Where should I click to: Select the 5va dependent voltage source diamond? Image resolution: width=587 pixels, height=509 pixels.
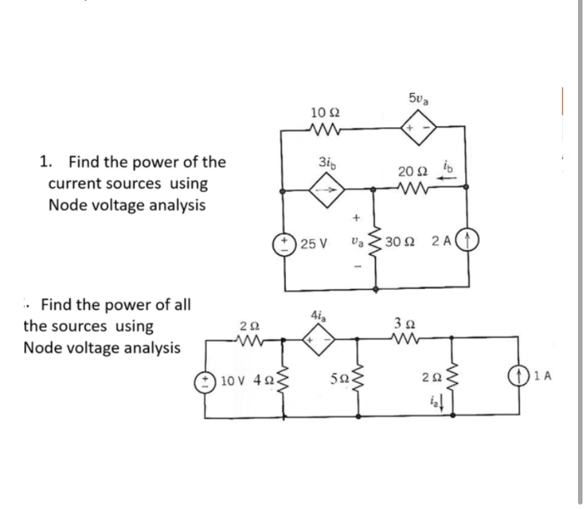(418, 129)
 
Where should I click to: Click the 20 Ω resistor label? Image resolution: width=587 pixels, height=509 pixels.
(412, 172)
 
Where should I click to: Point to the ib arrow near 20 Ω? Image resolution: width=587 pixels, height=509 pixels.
(450, 174)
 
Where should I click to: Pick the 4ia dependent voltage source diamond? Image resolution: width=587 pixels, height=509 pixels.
(319, 339)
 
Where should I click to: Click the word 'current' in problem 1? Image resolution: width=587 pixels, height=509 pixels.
(73, 183)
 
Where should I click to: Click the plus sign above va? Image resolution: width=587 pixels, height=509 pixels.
(355, 218)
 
